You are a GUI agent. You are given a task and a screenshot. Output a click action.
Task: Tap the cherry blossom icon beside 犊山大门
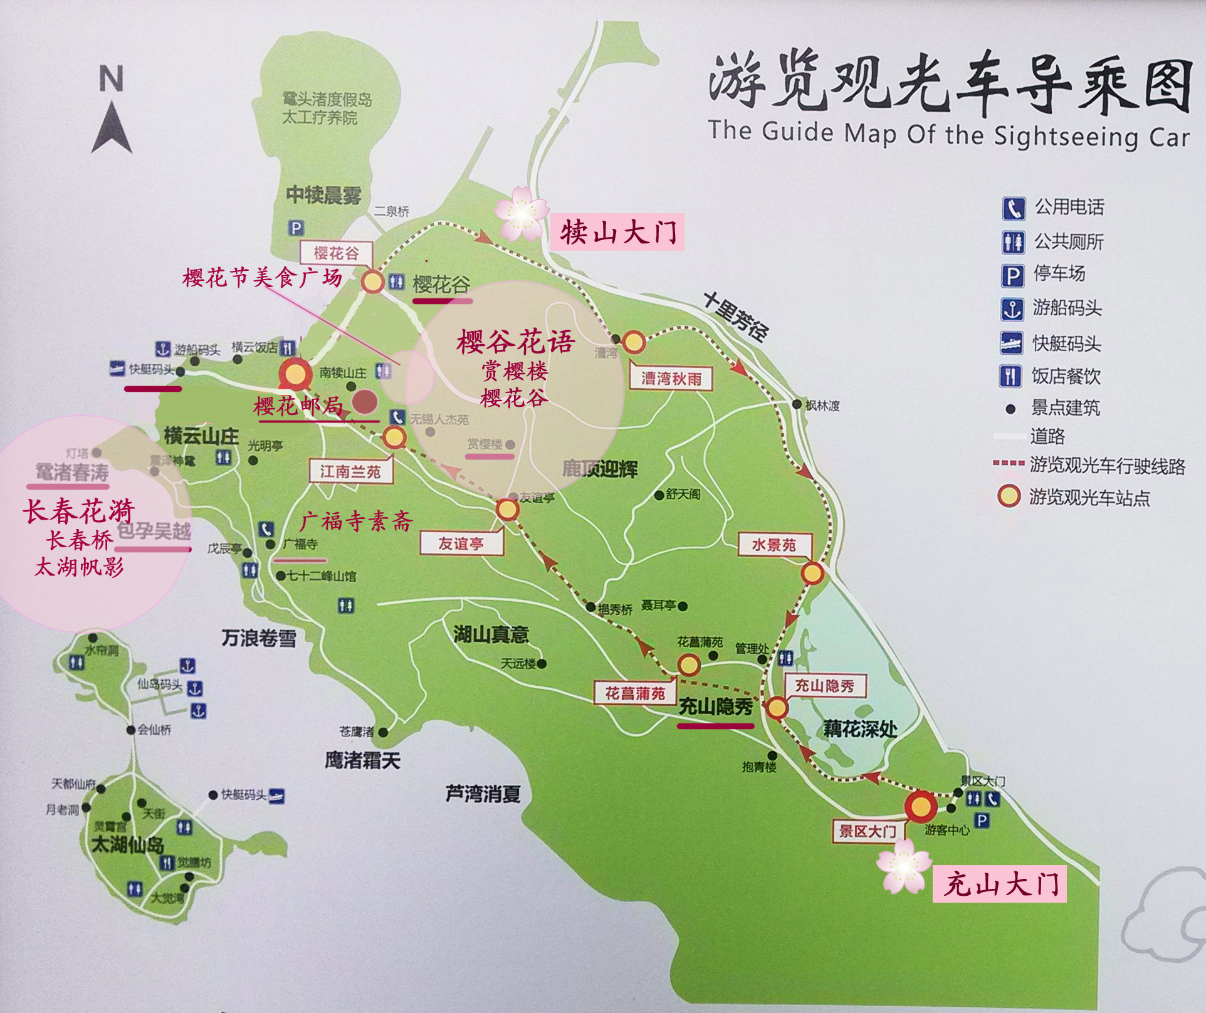522,214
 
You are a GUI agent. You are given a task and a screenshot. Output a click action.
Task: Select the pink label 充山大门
1000,884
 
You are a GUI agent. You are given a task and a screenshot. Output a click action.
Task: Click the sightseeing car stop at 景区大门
920,806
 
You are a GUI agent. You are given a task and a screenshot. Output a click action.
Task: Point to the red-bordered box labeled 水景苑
773,545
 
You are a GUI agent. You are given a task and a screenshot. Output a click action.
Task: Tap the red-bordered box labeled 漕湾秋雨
671,379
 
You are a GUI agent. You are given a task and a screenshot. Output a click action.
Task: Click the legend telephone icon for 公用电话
1013,208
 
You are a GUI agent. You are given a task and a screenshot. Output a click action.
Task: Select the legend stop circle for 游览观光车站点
1009,496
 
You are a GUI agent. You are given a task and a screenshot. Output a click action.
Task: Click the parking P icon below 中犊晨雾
296,228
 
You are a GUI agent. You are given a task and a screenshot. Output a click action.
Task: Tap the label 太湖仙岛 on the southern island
128,844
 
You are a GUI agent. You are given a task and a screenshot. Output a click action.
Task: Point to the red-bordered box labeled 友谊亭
461,543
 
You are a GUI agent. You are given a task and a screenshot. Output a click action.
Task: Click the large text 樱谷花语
515,342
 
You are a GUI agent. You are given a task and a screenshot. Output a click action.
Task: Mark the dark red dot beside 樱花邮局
364,402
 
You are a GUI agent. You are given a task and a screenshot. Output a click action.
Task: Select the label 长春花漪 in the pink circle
79,511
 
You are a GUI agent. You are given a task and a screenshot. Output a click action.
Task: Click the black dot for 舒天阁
658,495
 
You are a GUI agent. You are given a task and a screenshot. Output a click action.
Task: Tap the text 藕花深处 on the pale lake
859,728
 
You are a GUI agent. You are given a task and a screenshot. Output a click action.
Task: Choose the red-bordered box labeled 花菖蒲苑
634,693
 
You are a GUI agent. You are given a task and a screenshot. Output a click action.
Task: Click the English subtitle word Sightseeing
1066,136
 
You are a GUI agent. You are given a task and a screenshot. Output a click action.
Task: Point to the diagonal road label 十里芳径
735,316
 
